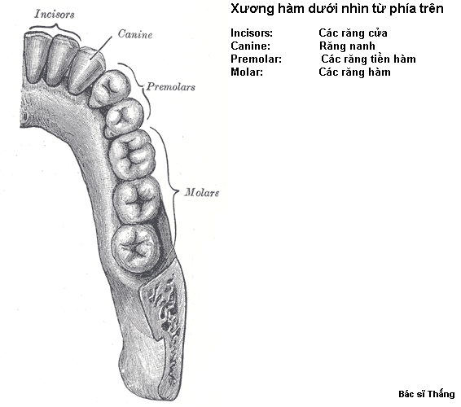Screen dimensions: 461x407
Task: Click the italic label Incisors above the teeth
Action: (55, 14)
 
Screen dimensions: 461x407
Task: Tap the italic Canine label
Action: (135, 34)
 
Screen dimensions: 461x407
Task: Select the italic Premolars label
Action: (171, 86)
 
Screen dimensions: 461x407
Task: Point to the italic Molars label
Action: (202, 192)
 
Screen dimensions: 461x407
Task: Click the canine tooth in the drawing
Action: (86, 71)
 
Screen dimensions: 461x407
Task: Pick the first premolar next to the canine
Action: (110, 88)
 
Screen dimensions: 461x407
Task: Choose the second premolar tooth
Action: (124, 117)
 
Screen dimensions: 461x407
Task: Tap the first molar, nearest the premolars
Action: (132, 155)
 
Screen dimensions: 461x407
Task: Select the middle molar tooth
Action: (137, 202)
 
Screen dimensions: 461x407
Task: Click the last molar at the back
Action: (136, 248)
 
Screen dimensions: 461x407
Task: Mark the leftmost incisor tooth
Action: (35, 57)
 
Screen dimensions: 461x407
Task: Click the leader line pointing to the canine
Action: (102, 48)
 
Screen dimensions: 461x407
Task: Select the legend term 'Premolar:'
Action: (256, 59)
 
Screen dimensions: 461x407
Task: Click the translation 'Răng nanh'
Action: (347, 46)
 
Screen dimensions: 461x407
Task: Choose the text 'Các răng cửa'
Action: (353, 33)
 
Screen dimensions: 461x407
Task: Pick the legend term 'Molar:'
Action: (247, 72)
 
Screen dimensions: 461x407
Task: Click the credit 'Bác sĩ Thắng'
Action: (427, 394)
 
